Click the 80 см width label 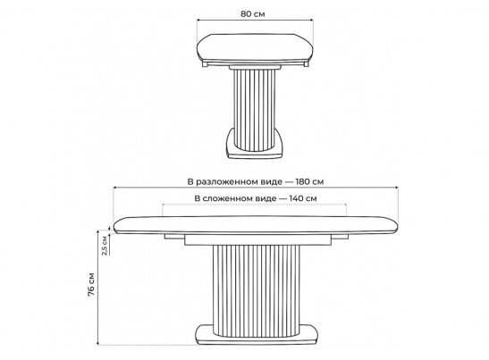coord(253,13)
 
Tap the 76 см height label coord(91,284)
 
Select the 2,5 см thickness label coord(105,246)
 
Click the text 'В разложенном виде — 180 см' coord(256,181)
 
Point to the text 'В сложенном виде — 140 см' coord(256,198)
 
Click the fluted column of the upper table coord(255,110)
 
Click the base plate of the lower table coord(257,334)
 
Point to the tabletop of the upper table coord(255,47)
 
